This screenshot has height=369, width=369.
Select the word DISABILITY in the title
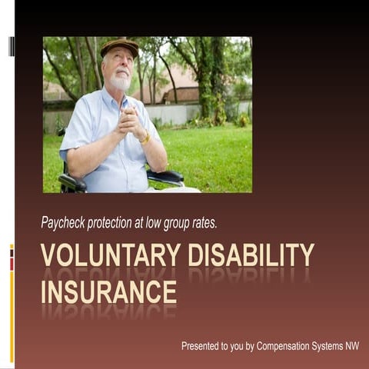251,254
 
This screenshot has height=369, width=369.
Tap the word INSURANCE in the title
108,292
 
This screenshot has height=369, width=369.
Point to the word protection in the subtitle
121,223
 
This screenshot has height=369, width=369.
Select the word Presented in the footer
203,346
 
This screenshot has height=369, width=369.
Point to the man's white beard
120,80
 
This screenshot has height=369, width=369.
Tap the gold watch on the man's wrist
145,138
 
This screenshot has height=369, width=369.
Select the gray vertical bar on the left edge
12,46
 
